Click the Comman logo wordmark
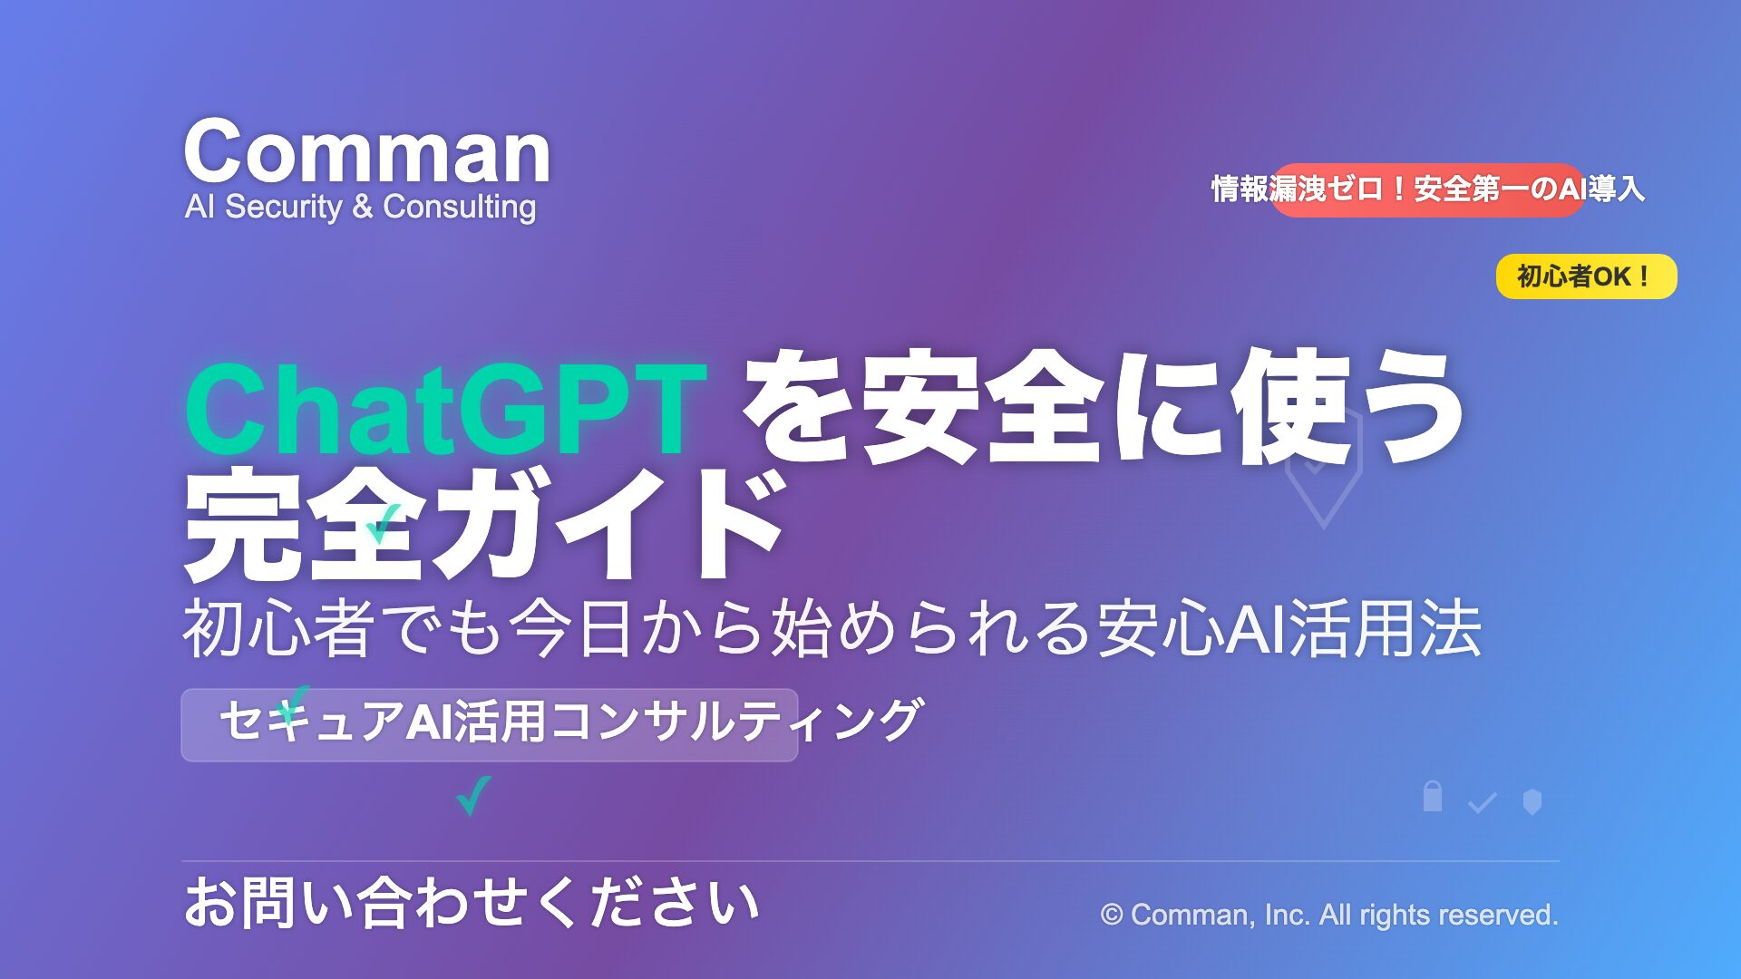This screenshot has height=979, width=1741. pyautogui.click(x=367, y=151)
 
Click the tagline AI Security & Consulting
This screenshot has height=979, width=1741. pyautogui.click(x=360, y=207)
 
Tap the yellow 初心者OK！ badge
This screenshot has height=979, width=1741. pyautogui.click(x=1586, y=276)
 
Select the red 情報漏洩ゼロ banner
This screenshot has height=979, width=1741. pyautogui.click(x=1427, y=189)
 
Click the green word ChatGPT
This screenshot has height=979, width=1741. pyautogui.click(x=445, y=409)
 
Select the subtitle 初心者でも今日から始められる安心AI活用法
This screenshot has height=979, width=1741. pyautogui.click(x=832, y=627)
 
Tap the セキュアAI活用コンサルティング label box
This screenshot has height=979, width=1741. pyautogui.click(x=490, y=724)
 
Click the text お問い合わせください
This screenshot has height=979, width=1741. pyautogui.click(x=472, y=903)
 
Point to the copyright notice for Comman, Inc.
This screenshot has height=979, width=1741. pyautogui.click(x=1329, y=915)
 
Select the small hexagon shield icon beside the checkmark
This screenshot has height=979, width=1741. pyautogui.click(x=1532, y=801)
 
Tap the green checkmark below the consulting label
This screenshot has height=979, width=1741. pyautogui.click(x=473, y=795)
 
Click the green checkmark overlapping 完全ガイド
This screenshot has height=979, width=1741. pyautogui.click(x=383, y=524)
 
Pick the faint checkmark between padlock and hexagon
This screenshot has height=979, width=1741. pyautogui.click(x=1482, y=802)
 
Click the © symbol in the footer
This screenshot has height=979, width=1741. pyautogui.click(x=1112, y=915)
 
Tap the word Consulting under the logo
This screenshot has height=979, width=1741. pyautogui.click(x=460, y=208)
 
